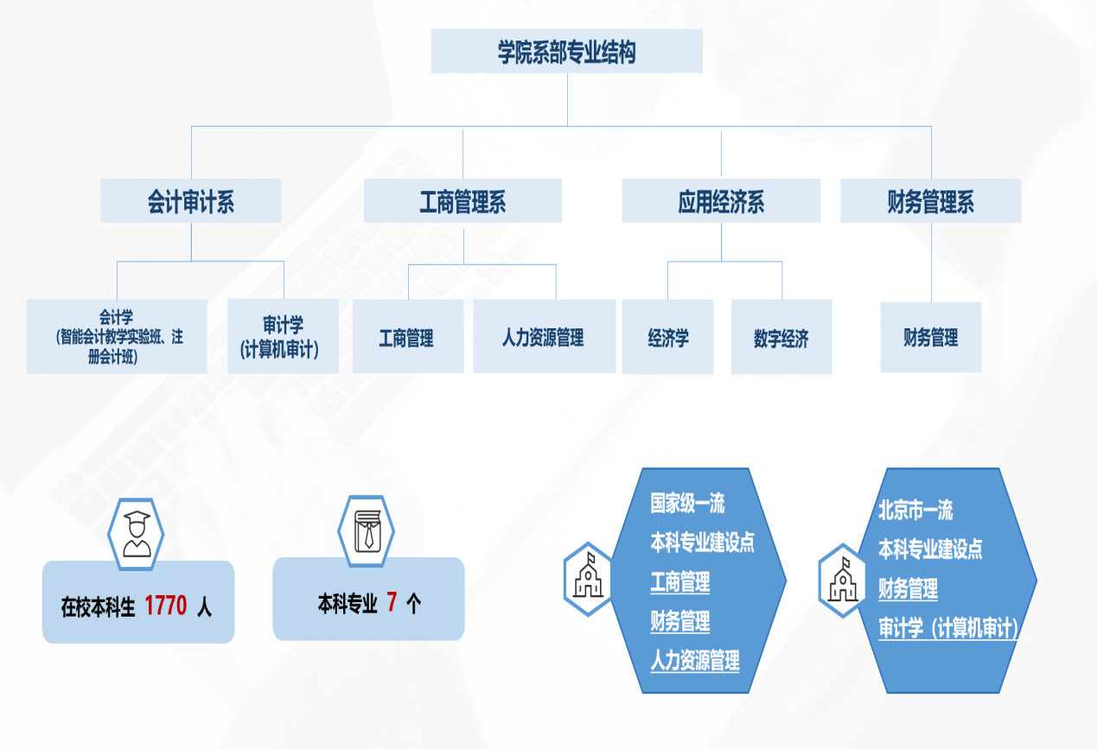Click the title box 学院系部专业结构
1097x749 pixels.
click(x=566, y=51)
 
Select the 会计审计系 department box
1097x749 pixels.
click(x=191, y=200)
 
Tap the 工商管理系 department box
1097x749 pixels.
click(x=462, y=200)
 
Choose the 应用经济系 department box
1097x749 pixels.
click(x=721, y=200)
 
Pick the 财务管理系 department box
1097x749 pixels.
click(x=931, y=200)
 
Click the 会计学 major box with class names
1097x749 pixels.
click(x=117, y=337)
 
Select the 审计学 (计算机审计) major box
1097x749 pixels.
click(x=283, y=337)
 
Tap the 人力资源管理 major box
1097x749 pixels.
click(x=544, y=336)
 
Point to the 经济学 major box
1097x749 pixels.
click(x=667, y=337)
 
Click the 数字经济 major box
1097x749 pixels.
click(x=781, y=337)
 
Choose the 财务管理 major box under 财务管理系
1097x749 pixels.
click(x=931, y=337)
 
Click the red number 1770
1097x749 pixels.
click(x=165, y=606)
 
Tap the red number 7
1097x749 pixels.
click(x=392, y=601)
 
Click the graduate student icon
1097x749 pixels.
click(x=136, y=534)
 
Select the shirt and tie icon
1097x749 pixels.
click(x=367, y=531)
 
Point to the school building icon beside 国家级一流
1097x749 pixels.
click(x=588, y=579)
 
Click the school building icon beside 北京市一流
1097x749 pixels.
click(x=842, y=581)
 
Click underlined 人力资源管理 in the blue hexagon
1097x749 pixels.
click(x=695, y=660)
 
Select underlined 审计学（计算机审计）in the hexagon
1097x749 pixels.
click(x=948, y=627)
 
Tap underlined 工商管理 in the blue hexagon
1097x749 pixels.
click(x=680, y=582)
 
